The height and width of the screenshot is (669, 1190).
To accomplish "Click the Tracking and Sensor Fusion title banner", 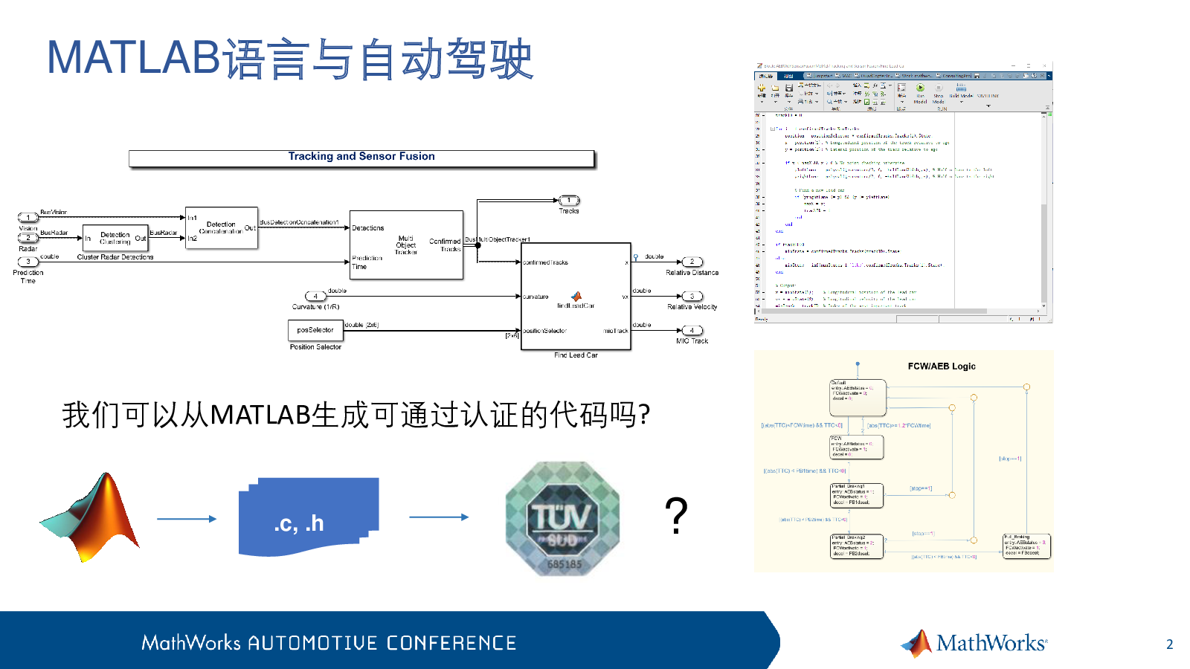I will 361,158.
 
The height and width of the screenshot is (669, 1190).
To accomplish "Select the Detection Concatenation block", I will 221,227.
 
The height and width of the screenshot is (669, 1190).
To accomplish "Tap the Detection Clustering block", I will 115,238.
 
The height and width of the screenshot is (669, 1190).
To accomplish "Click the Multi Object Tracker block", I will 406,245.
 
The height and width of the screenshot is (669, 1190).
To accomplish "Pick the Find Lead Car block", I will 576,296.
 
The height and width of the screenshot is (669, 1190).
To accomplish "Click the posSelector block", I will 315,329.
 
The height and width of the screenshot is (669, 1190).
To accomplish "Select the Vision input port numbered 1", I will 28,218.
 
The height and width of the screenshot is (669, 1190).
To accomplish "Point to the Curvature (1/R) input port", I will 316,296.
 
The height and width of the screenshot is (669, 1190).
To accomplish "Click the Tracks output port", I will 569,201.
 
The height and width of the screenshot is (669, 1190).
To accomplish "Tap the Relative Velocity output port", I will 692,296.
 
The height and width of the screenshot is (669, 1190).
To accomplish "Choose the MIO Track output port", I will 692,330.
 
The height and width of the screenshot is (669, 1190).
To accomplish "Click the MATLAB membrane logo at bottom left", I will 91,517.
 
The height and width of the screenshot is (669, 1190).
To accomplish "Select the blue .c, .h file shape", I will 308,517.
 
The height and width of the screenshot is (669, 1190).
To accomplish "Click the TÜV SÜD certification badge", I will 562,519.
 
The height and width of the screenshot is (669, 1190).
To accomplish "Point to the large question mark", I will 675,515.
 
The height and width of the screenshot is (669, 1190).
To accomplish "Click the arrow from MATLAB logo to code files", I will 187,519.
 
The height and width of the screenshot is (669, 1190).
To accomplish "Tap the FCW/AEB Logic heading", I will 941,366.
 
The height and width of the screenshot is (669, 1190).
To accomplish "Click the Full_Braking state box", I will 1026,546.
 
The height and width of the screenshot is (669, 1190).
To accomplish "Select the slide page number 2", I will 1169,644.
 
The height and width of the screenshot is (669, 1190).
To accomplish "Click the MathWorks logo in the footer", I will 974,643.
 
